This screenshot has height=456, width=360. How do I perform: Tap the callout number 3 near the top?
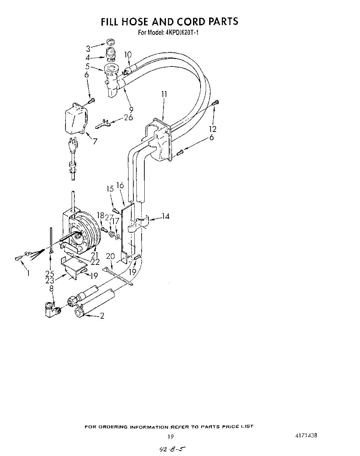[x=88, y=48]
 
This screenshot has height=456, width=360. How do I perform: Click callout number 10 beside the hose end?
[x=128, y=54]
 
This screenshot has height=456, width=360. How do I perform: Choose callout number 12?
[x=213, y=129]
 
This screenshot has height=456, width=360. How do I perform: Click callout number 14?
[x=166, y=217]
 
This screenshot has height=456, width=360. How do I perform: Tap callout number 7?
[x=95, y=140]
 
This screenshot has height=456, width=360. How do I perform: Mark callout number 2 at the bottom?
[x=102, y=316]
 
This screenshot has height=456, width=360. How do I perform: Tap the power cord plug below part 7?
[x=73, y=146]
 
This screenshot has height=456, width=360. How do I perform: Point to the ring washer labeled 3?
[x=110, y=42]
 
